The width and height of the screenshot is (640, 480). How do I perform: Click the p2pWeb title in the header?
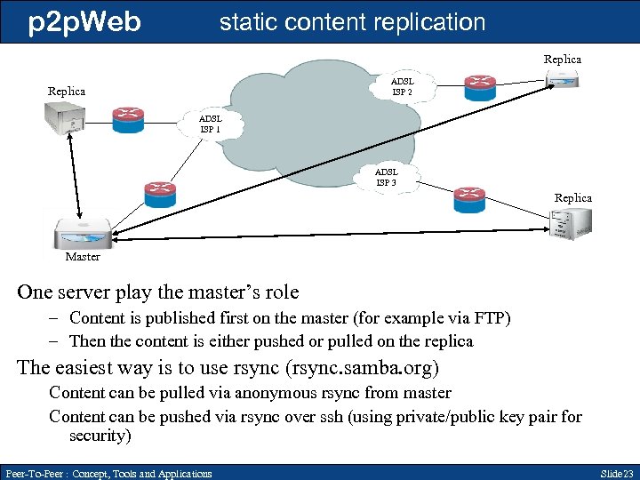(x=84, y=21)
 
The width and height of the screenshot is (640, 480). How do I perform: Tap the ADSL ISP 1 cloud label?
(x=211, y=124)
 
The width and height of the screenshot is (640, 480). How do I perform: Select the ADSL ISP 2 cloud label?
(x=403, y=86)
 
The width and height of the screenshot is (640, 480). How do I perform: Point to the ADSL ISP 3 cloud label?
(x=386, y=177)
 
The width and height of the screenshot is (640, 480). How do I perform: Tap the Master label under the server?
(x=83, y=257)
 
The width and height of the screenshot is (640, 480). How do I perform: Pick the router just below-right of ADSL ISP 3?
(x=468, y=199)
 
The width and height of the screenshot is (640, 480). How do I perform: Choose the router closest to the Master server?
(x=160, y=193)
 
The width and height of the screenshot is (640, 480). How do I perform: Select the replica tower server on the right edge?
(x=570, y=222)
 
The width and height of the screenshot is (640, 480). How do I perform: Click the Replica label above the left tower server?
(x=67, y=92)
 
